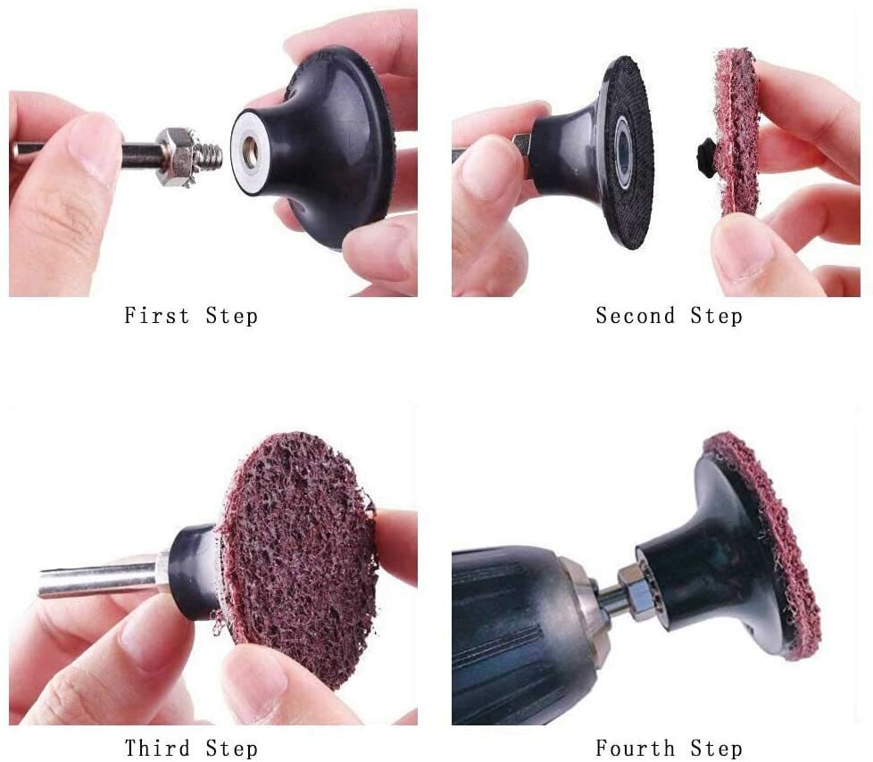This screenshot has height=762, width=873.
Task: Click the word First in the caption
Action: [156, 316]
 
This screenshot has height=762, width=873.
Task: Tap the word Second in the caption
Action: [636, 316]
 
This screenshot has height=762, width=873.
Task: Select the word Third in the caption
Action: [156, 748]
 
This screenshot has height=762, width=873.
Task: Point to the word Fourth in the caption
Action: [636, 748]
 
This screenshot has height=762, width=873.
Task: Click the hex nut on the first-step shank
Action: [175, 157]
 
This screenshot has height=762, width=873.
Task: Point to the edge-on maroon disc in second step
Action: [736, 132]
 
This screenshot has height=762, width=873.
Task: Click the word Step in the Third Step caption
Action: [231, 749]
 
